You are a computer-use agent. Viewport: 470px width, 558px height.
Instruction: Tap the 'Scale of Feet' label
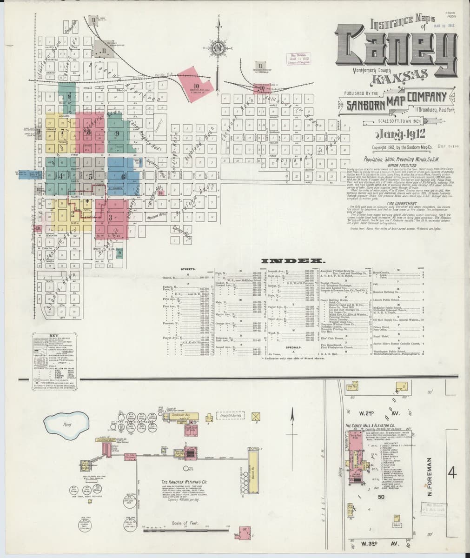pos(185,523)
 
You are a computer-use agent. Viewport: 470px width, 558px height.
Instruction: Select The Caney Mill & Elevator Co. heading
pos(370,425)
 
